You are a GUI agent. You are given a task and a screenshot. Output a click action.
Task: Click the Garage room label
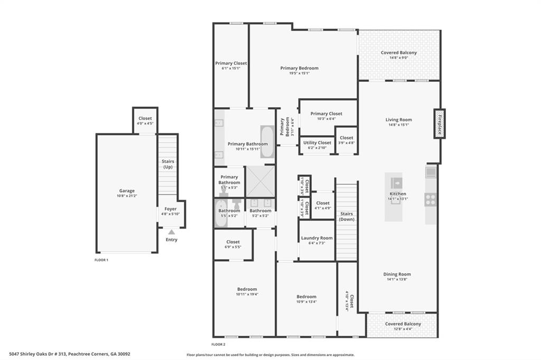[127, 191]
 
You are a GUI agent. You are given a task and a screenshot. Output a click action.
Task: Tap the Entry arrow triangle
[171, 232]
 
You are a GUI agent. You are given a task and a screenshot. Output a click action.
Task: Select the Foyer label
[171, 209]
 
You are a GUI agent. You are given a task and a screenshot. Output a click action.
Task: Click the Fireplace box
[438, 124]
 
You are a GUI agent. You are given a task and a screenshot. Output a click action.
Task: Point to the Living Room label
[398, 120]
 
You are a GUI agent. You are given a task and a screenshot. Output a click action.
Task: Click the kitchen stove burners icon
[431, 200]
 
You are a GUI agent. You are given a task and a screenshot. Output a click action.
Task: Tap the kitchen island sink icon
[396, 183]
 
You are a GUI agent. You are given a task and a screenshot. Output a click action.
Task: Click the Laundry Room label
[317, 238]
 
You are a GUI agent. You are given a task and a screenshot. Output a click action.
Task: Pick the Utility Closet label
[317, 143]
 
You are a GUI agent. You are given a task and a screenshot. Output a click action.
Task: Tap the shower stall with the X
[260, 182]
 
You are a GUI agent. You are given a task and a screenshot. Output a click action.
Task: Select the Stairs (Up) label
[168, 164]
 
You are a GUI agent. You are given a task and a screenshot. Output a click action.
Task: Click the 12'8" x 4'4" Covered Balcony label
[403, 324]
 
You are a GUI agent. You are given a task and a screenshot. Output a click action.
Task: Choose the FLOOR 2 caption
[219, 344]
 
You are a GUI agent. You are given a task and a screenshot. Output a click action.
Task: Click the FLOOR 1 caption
[101, 260]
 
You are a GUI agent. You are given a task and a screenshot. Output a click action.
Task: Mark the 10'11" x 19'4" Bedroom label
[247, 289]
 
